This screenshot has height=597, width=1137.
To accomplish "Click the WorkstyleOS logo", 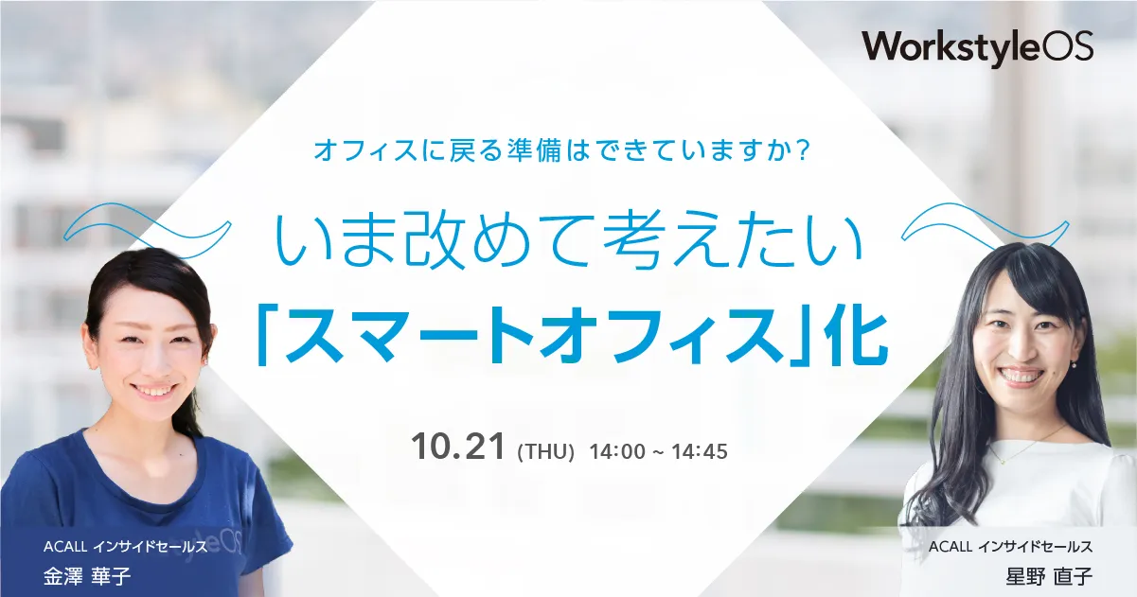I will (x=978, y=46).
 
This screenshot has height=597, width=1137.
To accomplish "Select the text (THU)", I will (x=546, y=452).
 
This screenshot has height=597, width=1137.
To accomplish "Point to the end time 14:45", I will (x=702, y=451).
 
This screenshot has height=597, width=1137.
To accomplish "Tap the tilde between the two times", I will (x=658, y=452).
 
